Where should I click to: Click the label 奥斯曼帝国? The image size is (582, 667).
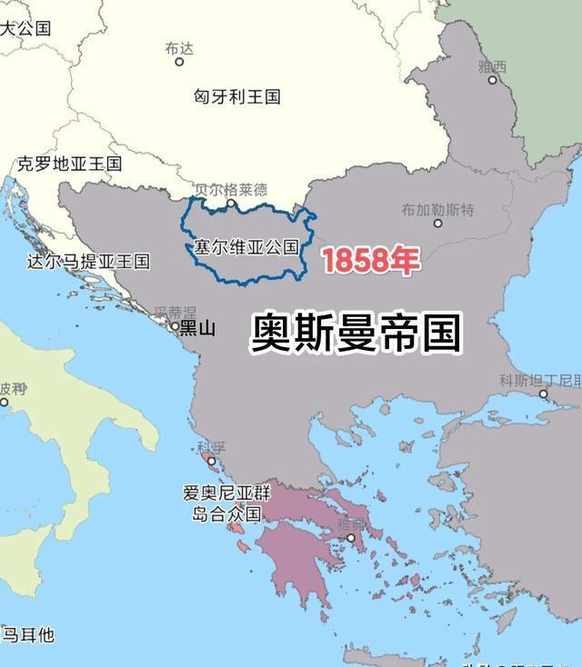pos(356,333)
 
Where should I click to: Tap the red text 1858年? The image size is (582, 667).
pos(370,261)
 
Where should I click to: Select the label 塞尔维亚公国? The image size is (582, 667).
pos(246,247)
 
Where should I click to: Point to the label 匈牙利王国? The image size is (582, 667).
pos(237,95)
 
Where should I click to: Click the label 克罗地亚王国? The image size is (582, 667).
pos(69,164)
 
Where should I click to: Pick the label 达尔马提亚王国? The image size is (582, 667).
pos(88,262)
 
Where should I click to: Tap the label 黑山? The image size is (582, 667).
pos(197,328)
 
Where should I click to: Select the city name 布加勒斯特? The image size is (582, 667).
pos(437,210)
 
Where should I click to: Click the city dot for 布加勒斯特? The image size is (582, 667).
pos(437,224)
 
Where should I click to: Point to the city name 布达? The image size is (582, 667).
pos(180,48)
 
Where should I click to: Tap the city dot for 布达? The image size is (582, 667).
pos(179,62)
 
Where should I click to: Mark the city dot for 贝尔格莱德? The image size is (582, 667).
pos(231,204)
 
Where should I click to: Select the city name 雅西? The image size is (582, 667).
pos(493,66)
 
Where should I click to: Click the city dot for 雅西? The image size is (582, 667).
pos(493,80)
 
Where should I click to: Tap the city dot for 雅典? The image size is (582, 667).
pos(351,538)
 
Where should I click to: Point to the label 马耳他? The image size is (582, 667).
pos(28,634)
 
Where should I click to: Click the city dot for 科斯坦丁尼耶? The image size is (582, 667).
pos(544,393)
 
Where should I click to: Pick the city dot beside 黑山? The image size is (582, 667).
pos(176,324)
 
